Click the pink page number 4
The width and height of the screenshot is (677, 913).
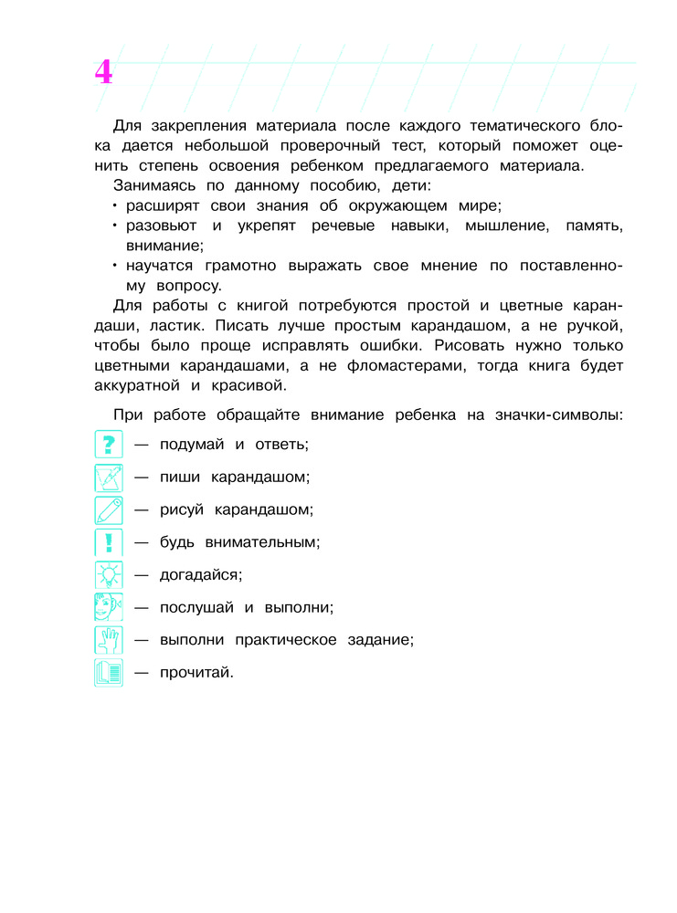click(103, 72)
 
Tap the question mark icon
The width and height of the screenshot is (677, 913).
click(109, 445)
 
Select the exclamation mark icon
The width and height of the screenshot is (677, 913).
click(109, 542)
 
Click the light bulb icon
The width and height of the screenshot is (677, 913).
click(109, 575)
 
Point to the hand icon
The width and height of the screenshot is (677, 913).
click(109, 640)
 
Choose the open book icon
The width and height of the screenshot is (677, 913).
click(109, 673)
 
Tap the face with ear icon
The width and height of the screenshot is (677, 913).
click(109, 607)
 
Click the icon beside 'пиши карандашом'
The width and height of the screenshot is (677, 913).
click(109, 477)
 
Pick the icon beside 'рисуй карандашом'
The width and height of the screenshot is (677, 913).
click(109, 509)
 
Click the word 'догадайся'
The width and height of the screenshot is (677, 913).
click(199, 575)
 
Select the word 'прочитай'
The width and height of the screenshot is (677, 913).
click(196, 674)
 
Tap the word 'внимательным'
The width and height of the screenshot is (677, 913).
click(255, 542)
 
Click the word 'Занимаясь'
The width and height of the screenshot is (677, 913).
click(153, 186)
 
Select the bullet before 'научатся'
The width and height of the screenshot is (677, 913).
click(116, 266)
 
